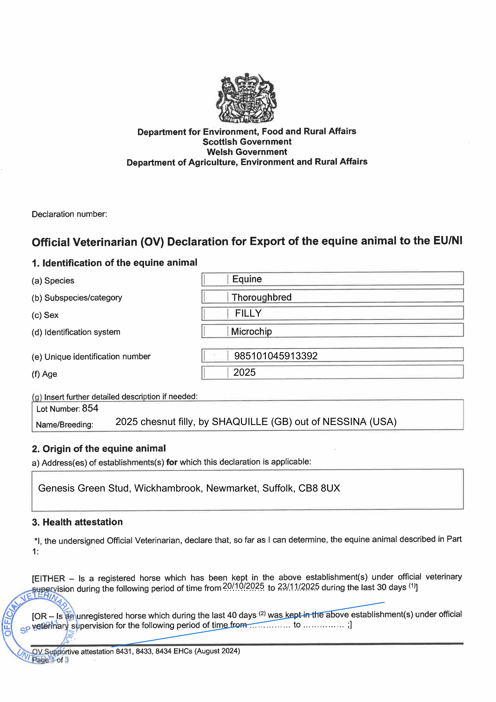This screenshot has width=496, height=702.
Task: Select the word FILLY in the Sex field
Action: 248,313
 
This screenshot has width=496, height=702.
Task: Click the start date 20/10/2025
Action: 244,586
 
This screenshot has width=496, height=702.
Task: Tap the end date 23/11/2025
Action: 299,587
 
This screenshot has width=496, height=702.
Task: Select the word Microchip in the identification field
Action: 252,331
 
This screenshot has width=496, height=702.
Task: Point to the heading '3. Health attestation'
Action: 77,522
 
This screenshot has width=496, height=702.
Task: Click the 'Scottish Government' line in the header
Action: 247,142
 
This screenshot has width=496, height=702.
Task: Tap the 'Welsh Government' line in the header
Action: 247,152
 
